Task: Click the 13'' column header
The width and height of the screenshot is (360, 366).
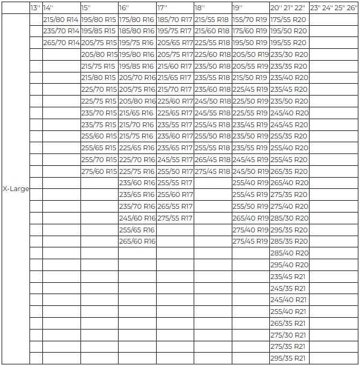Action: (x=35, y=8)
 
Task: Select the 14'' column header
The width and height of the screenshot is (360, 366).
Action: (x=48, y=8)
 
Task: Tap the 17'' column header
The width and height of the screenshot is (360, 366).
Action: (x=163, y=8)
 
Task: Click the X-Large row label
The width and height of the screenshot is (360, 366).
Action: (x=16, y=189)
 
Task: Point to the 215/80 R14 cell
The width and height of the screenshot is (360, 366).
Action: (x=61, y=19)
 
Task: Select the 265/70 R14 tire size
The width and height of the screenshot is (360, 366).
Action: (x=61, y=42)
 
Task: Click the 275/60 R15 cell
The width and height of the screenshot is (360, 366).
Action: (x=99, y=172)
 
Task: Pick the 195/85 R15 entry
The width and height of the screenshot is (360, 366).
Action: (x=99, y=31)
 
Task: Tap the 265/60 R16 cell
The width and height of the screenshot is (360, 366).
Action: (x=137, y=241)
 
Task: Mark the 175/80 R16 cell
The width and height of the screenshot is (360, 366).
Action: (x=137, y=19)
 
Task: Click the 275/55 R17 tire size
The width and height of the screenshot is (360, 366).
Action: (x=175, y=218)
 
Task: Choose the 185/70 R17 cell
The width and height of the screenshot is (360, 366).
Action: (x=175, y=19)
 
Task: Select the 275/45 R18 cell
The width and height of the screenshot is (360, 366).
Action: (x=212, y=172)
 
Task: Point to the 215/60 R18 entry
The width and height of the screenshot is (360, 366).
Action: (x=212, y=31)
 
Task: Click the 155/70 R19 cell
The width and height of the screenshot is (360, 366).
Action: (x=250, y=19)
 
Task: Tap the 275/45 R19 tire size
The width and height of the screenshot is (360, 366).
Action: (x=250, y=241)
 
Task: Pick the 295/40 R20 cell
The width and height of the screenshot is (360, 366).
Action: (x=289, y=265)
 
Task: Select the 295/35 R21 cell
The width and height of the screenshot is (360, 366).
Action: (x=288, y=358)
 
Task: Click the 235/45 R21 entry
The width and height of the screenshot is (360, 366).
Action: (x=288, y=276)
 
